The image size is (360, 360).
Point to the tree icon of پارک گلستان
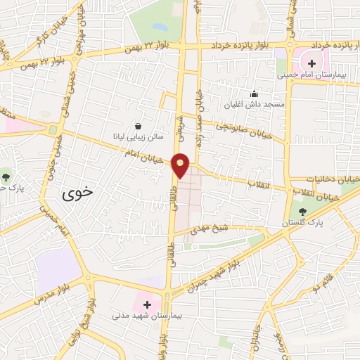303,211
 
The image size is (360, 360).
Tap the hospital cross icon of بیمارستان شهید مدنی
147,304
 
